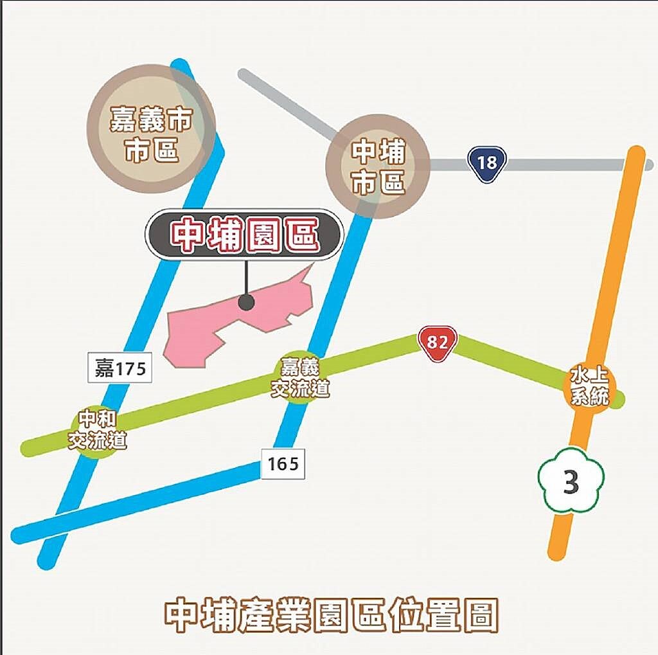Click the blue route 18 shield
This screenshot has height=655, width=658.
(487, 163)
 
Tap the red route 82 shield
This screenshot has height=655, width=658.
(437, 342)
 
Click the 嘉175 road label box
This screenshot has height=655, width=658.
(120, 369)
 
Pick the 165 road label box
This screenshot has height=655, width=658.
(283, 463)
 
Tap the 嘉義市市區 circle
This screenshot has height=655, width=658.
(151, 128)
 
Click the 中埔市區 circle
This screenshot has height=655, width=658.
(378, 166)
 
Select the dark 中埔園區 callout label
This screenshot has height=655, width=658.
(244, 235)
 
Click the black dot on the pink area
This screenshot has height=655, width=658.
(246, 302)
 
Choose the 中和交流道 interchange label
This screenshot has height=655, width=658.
(98, 431)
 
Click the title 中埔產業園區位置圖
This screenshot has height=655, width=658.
(331, 616)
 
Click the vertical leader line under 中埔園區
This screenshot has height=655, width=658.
(246, 276)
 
